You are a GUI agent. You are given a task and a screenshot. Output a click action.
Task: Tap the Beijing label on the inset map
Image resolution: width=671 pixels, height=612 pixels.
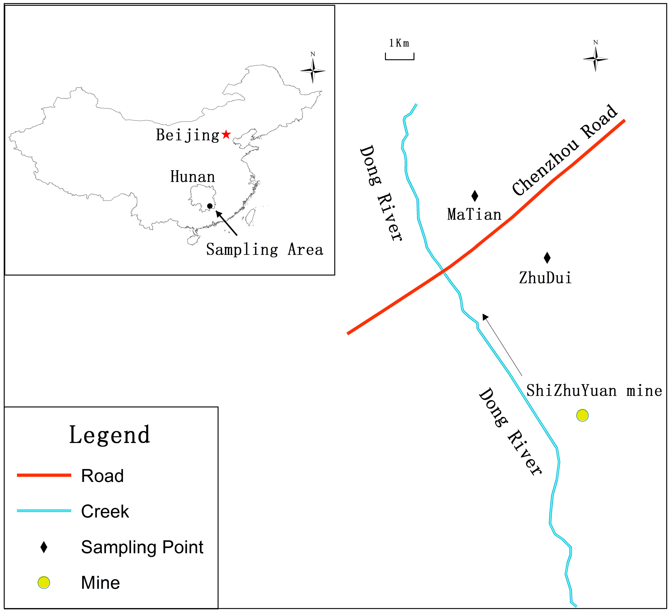[x=188, y=135]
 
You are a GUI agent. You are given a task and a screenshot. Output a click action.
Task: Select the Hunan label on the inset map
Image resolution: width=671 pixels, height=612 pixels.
[x=193, y=177]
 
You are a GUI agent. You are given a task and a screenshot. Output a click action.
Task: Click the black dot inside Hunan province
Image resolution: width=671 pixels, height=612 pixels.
[x=210, y=206]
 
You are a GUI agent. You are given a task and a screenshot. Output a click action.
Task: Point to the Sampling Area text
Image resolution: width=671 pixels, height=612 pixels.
[x=265, y=250]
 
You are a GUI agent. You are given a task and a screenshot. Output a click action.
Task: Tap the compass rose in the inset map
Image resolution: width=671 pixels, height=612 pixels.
[x=313, y=71]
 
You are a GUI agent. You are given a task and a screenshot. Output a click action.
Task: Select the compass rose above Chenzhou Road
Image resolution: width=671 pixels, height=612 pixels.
[x=596, y=59]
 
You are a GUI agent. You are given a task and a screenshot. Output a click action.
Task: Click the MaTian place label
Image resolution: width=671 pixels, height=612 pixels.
[x=474, y=214]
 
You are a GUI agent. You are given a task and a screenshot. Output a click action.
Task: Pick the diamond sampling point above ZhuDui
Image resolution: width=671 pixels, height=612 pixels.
[x=547, y=257]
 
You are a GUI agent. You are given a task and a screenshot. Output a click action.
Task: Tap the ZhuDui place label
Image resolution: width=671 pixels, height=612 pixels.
[x=545, y=278]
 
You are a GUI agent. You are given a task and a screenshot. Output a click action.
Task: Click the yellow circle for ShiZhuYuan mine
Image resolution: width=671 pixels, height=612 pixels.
[x=582, y=415]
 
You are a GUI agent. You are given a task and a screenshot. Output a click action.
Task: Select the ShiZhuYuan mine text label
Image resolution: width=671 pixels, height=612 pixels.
[x=594, y=391]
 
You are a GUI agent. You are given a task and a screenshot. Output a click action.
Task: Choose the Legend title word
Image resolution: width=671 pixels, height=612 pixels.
[x=110, y=435]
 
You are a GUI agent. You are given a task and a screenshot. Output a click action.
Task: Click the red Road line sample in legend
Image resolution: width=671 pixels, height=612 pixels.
[x=44, y=475]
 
